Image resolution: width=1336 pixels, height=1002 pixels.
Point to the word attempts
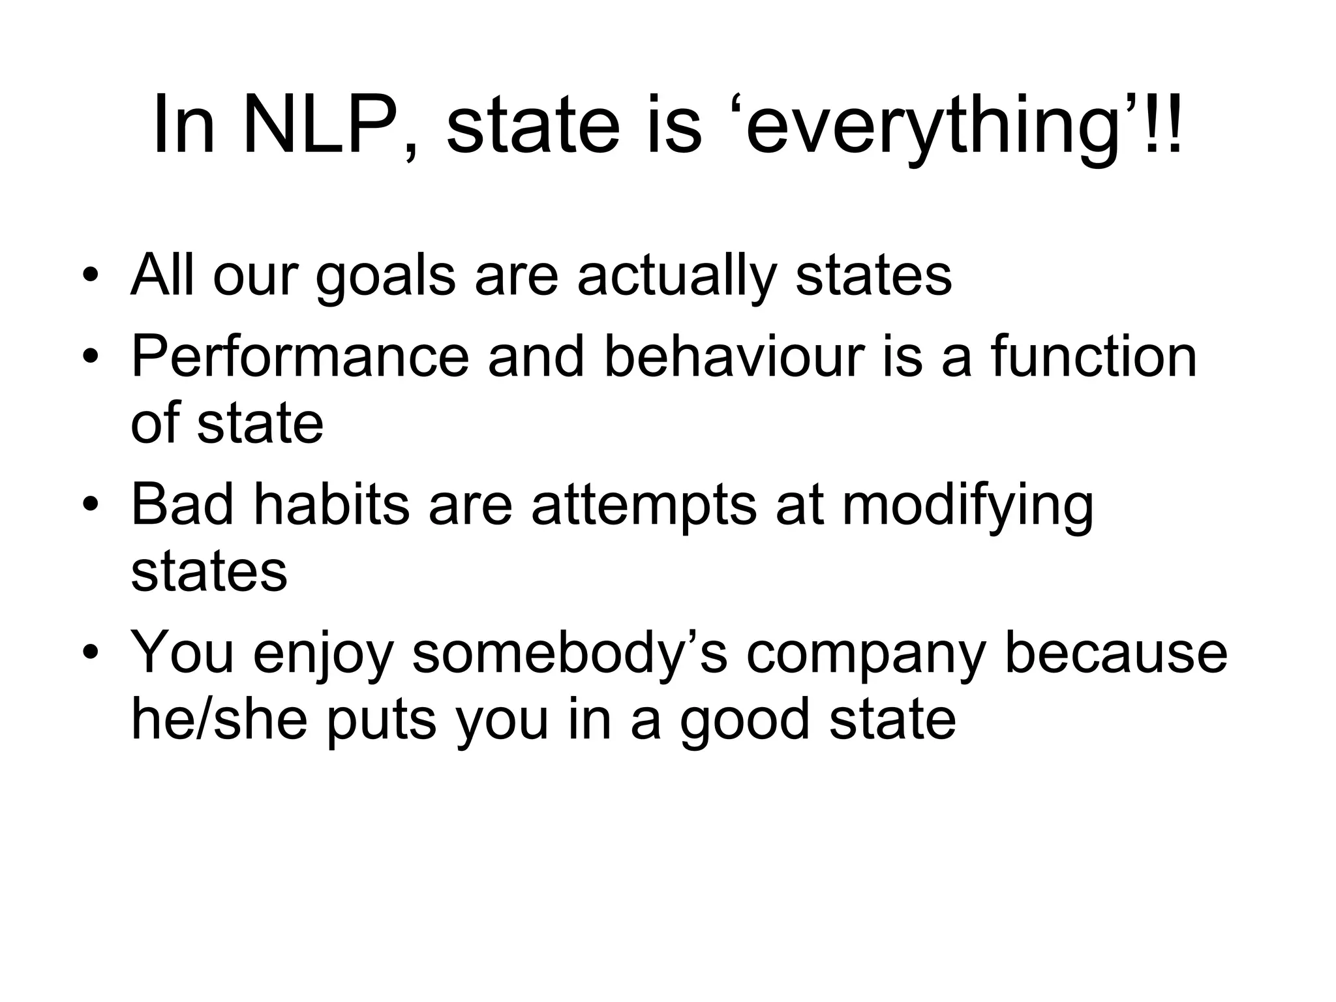pyautogui.click(x=644, y=508)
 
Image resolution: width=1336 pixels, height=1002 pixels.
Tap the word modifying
pyautogui.click(x=967, y=508)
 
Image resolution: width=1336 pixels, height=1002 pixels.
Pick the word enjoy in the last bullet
pyautogui.click(x=324, y=656)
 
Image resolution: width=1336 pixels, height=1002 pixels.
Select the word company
pyautogui.click(x=865, y=656)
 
